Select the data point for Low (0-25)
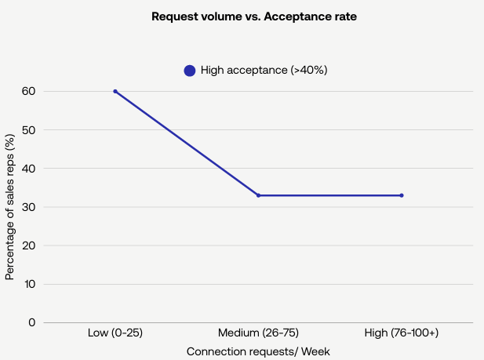click(x=115, y=91)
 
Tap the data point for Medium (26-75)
click(x=258, y=195)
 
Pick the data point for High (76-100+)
click(x=402, y=195)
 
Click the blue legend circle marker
click(x=190, y=71)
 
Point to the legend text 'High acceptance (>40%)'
click(x=264, y=71)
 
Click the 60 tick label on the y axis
click(x=29, y=91)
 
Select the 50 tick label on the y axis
click(x=29, y=129)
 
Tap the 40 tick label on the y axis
click(x=29, y=168)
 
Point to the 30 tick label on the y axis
click(x=29, y=206)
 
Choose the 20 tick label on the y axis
click(x=29, y=245)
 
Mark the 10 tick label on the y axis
click(x=29, y=283)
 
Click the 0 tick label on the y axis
click(x=32, y=322)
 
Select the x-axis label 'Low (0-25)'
click(x=115, y=333)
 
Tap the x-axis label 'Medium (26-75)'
click(x=258, y=333)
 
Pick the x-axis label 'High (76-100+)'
click(x=402, y=333)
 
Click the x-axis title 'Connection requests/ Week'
click(x=258, y=352)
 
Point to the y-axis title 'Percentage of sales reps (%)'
click(x=10, y=207)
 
